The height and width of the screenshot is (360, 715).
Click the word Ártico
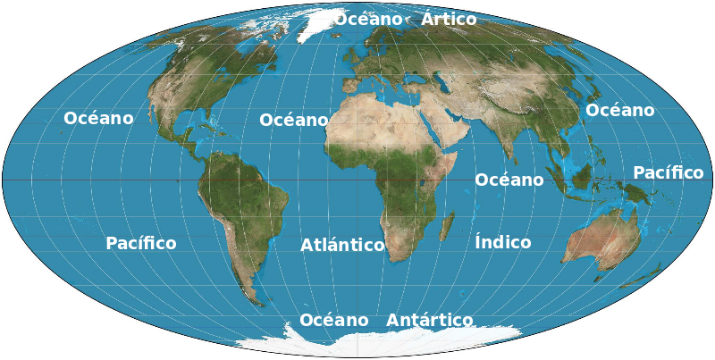[x=449, y=19]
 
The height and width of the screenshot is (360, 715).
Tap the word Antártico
[x=429, y=320]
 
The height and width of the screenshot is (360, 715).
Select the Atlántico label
[x=342, y=245]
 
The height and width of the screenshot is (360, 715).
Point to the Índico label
[x=502, y=242]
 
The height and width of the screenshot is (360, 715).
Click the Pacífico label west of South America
[x=140, y=243]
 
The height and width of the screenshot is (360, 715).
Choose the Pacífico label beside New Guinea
[x=668, y=172]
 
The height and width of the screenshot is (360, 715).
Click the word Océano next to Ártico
[x=368, y=19]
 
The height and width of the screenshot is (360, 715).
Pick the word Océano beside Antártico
[x=333, y=320]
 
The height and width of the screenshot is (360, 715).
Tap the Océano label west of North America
[x=98, y=118]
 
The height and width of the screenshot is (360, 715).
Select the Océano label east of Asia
[x=619, y=110]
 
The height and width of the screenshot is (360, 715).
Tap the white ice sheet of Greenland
[x=317, y=24]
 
